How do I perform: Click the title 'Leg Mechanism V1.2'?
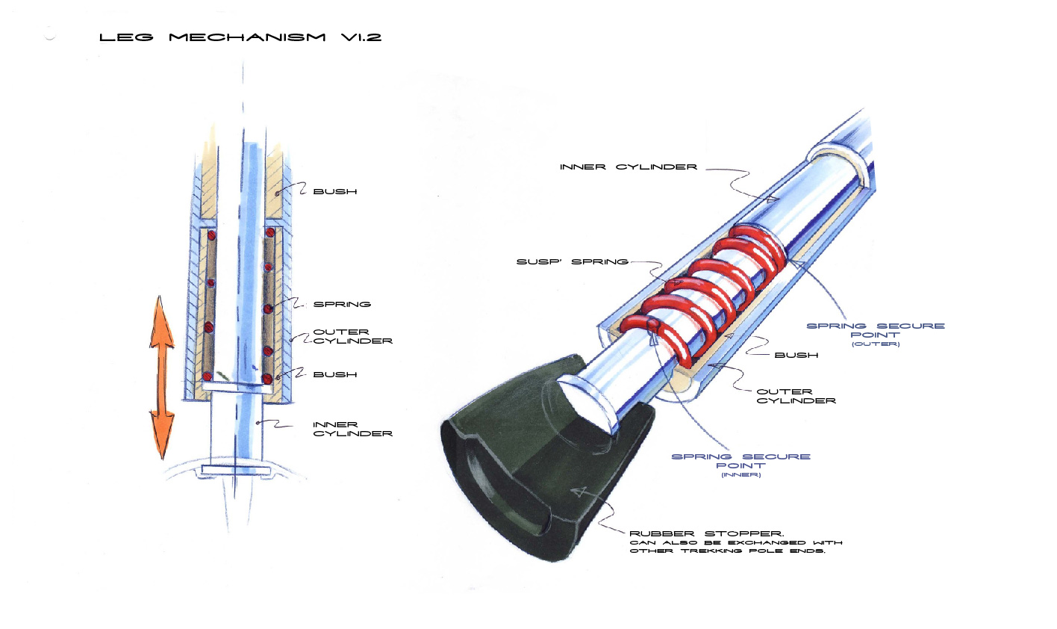[240, 37]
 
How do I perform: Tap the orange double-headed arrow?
[161, 377]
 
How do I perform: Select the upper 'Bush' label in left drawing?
[335, 191]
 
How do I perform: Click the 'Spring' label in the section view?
[342, 304]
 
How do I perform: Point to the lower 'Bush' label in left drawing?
[335, 374]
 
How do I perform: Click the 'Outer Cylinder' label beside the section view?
[352, 336]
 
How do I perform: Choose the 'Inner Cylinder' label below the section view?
[352, 429]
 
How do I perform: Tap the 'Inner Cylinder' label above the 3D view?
[629, 167]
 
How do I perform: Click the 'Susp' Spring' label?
[572, 262]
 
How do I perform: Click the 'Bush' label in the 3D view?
[796, 355]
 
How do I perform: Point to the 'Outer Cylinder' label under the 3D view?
[796, 396]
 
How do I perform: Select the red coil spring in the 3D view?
[702, 291]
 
